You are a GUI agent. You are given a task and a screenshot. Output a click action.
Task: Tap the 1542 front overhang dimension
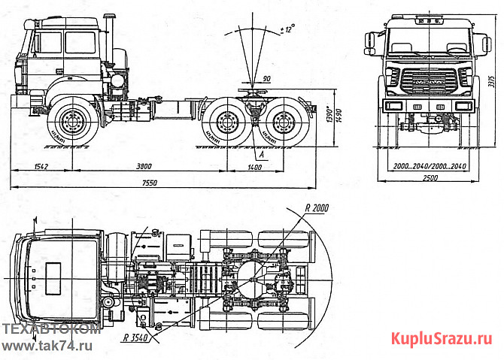(x=31, y=167)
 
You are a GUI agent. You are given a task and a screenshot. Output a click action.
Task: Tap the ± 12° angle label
(x=287, y=29)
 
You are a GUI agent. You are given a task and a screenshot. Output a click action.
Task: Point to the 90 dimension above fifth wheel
(x=267, y=79)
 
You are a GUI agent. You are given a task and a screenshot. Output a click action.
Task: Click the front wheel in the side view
(x=72, y=122)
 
